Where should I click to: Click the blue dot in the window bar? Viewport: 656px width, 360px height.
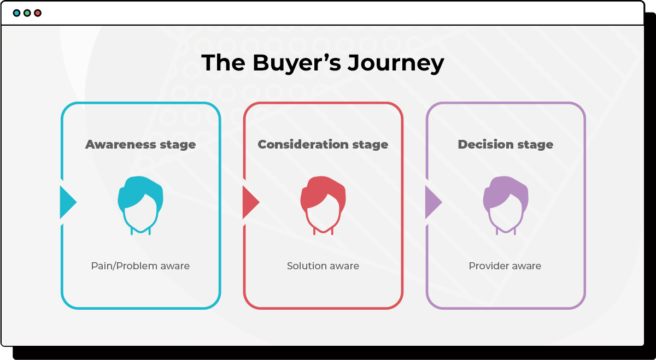point(16,13)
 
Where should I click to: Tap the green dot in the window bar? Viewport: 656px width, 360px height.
point(27,13)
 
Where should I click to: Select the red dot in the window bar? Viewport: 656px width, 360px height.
point(37,13)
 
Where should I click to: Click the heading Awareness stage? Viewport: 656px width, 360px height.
point(140,145)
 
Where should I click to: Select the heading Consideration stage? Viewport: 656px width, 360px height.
point(323,145)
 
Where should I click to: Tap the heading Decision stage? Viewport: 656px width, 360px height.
point(506,145)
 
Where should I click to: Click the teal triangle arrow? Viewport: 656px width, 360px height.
point(67,202)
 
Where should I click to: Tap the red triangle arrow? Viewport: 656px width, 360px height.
point(249,202)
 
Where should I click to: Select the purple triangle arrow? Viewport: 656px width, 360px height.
point(432,202)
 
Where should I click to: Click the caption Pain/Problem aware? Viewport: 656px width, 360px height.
point(140,266)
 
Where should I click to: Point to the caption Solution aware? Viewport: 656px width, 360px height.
point(323,266)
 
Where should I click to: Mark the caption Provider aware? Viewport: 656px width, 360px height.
point(505,266)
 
